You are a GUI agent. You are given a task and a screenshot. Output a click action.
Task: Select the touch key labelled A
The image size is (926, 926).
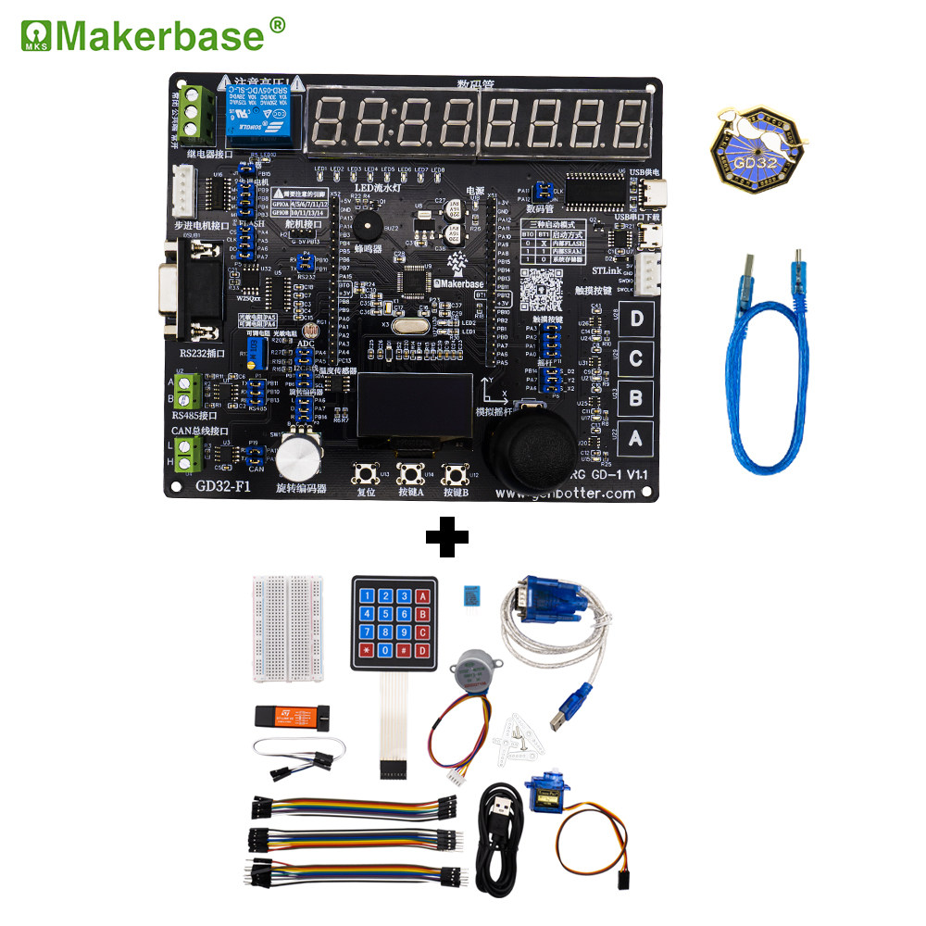pyautogui.click(x=636, y=438)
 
